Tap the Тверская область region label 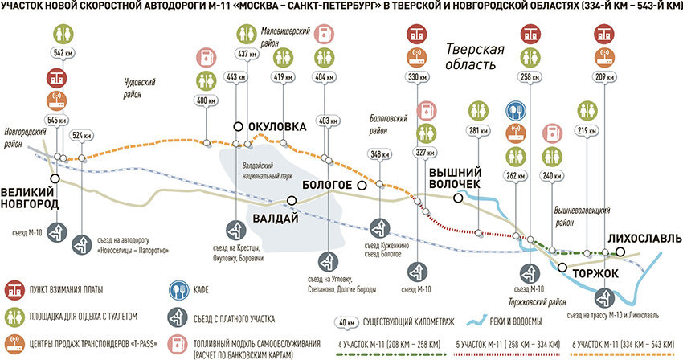click(475, 57)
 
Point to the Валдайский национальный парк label click(265, 171)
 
